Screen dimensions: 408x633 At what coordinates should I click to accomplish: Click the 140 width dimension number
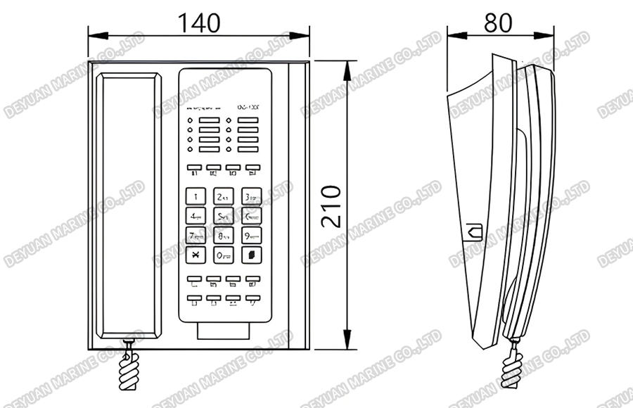tap(198, 23)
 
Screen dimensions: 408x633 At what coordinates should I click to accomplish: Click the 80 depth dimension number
tap(499, 23)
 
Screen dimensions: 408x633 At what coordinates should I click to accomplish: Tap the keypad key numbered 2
tap(224, 196)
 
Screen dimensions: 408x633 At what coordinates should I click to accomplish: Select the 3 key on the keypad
tap(251, 196)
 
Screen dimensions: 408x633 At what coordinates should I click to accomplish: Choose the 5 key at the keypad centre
tap(224, 215)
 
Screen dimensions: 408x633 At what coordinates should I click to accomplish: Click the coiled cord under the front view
tap(129, 369)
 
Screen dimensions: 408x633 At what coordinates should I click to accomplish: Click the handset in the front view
tap(128, 204)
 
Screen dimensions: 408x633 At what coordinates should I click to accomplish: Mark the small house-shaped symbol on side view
tap(472, 229)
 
